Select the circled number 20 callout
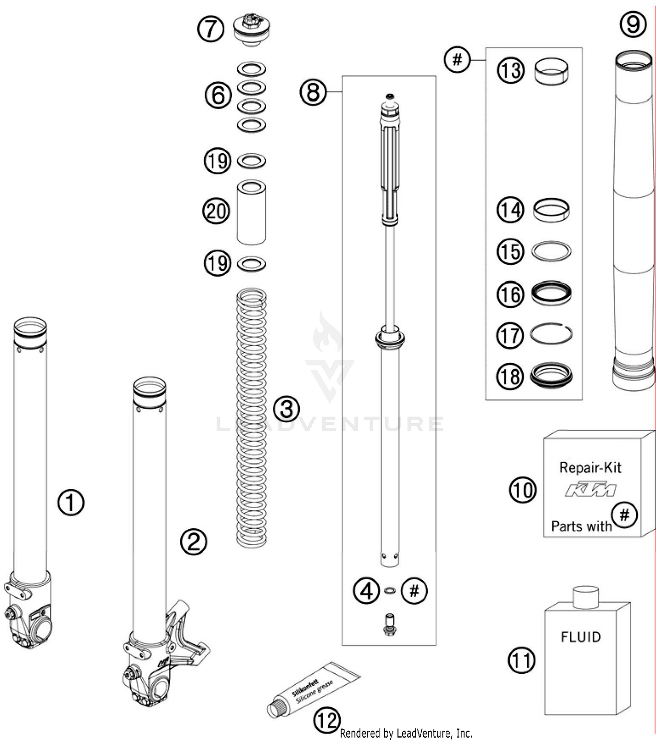coord(216,211)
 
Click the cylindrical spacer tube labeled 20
coord(251,212)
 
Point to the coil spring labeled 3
coord(252,418)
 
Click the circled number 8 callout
coord(313,92)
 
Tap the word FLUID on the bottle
coord(580,637)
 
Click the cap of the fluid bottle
coord(586,597)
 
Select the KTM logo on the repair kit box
coord(590,490)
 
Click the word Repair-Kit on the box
coord(590,467)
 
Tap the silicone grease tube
coord(313,689)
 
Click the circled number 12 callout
coord(326,720)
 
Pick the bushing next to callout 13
coord(551,71)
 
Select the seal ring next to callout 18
coord(551,375)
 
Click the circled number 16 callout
coord(510,294)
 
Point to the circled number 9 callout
coord(633,24)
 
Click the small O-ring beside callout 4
coord(389,591)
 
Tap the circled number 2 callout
coord(194,542)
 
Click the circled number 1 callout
coord(71,502)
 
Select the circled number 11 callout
coord(522,661)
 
